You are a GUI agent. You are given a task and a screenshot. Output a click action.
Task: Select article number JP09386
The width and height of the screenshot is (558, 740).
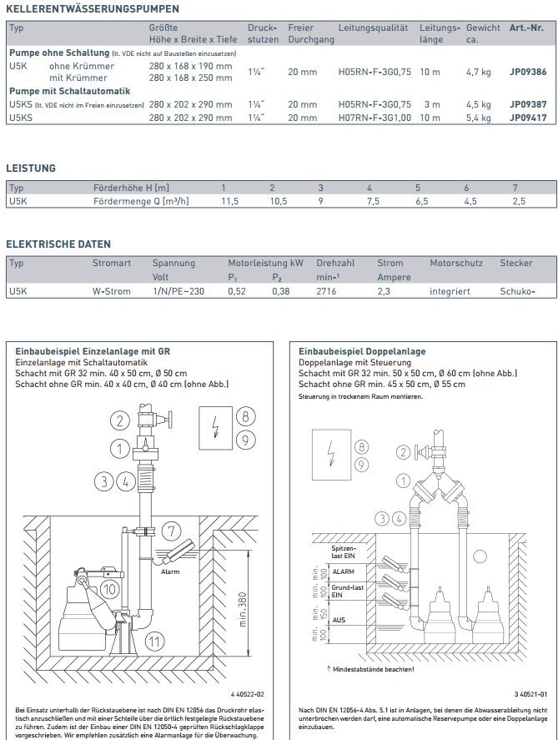click(x=527, y=73)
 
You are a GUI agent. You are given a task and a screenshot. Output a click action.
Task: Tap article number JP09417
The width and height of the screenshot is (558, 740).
click(x=527, y=118)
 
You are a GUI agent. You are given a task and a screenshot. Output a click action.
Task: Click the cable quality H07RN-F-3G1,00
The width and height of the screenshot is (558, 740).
click(x=375, y=118)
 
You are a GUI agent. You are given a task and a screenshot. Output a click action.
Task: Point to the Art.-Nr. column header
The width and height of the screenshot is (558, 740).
click(x=526, y=28)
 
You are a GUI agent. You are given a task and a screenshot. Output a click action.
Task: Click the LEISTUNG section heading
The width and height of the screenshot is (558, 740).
click(x=31, y=168)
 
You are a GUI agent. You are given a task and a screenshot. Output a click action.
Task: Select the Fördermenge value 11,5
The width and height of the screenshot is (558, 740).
click(x=230, y=201)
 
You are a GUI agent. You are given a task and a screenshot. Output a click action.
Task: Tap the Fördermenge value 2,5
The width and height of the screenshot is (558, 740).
click(x=519, y=201)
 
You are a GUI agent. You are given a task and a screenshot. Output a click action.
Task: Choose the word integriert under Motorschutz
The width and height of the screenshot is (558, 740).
click(x=450, y=292)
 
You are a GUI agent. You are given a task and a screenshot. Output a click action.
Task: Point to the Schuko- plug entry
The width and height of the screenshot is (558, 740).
click(x=517, y=292)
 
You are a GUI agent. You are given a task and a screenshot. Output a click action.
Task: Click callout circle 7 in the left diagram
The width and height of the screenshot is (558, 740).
click(x=170, y=531)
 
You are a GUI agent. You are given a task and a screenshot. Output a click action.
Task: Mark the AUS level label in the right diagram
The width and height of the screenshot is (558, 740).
click(x=338, y=620)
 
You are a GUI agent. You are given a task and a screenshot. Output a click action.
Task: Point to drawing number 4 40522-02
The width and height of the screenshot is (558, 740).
click(x=247, y=694)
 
